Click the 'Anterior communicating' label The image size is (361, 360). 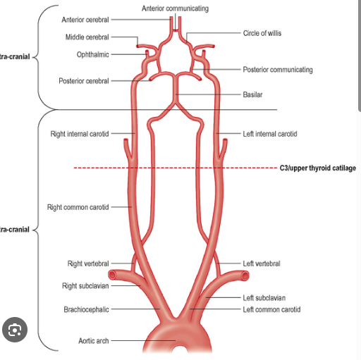pyautogui.click(x=175, y=8)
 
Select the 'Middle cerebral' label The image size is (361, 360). pyautogui.click(x=87, y=37)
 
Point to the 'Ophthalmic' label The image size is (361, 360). pyautogui.click(x=92, y=54)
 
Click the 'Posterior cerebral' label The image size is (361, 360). pyautogui.click(x=84, y=81)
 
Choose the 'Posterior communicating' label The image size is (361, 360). pyautogui.click(x=278, y=70)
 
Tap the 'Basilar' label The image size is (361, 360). pyautogui.click(x=252, y=94)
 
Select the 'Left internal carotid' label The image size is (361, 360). pyautogui.click(x=270, y=133)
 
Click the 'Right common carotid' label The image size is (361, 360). pyautogui.click(x=78, y=207)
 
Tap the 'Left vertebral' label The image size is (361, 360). pyautogui.click(x=262, y=263)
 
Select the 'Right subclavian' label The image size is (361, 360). pyautogui.click(x=85, y=286)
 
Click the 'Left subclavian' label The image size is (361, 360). pyautogui.click(x=264, y=298)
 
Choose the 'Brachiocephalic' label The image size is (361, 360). pyautogui.click(x=87, y=309)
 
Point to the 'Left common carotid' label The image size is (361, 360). pyautogui.click(x=271, y=309)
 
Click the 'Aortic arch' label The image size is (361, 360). pyautogui.click(x=93, y=341)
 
